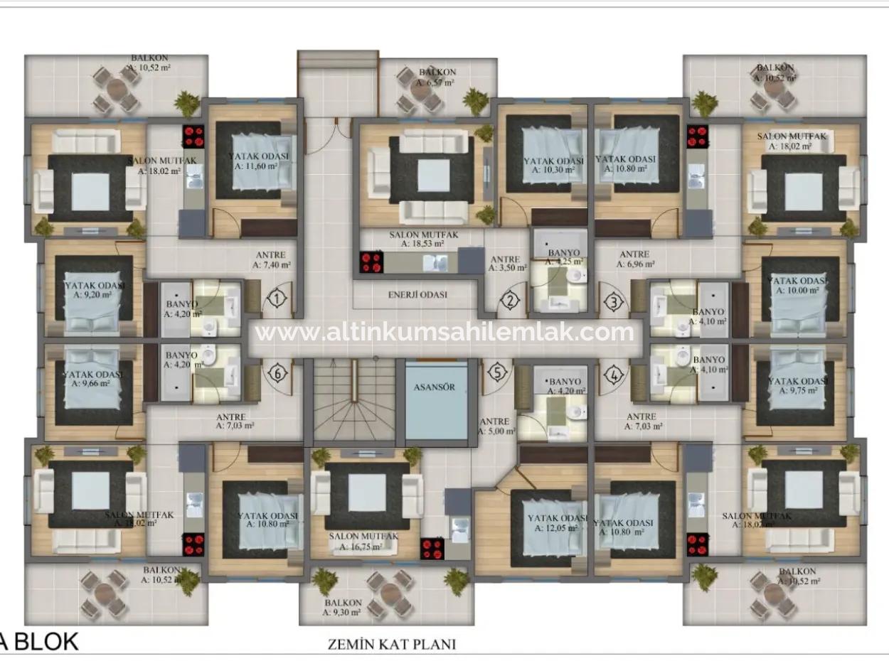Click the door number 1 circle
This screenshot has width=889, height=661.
point(276,300)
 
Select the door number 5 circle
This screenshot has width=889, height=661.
point(499,372)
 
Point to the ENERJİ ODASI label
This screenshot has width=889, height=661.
point(417,294)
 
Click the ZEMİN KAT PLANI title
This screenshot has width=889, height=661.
point(391,645)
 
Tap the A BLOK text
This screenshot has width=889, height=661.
point(39,642)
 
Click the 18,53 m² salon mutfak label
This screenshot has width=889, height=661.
point(424,243)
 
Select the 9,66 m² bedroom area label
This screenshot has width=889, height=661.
point(91,382)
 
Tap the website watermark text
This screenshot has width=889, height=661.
point(445,332)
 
